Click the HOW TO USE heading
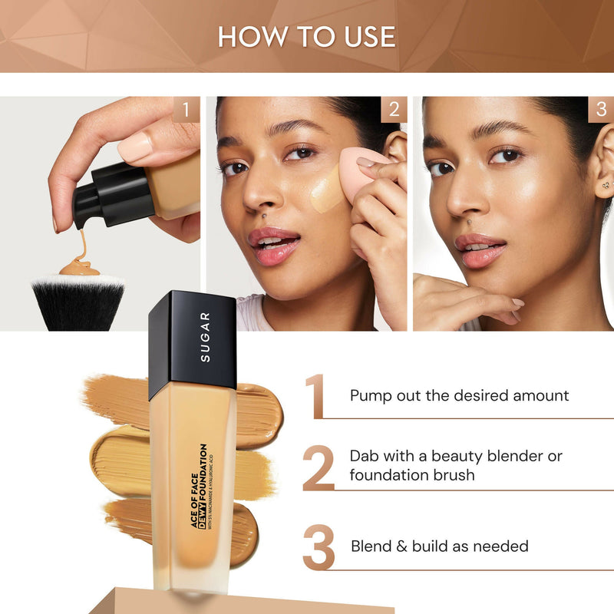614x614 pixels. pos(307,37)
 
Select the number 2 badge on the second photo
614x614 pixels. pos(393,110)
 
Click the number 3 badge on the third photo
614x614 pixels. pos(601,110)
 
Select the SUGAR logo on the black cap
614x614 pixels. pos(205,338)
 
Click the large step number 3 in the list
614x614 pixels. pos(319,546)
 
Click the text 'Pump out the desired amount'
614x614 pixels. pos(459,396)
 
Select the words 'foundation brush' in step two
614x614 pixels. pos(411,475)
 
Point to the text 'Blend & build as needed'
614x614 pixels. pos(439,546)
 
